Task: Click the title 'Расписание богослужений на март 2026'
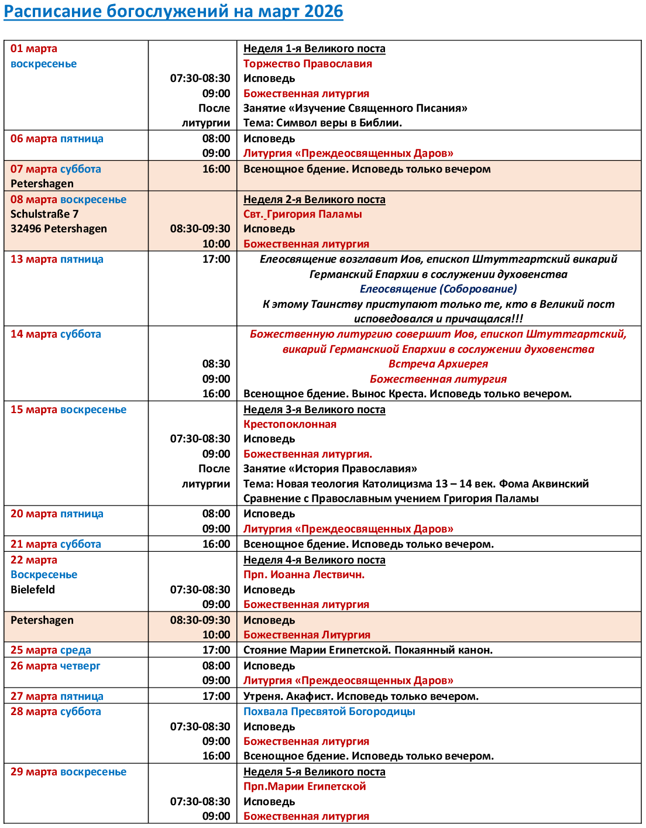tap(173, 12)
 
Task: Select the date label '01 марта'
tap(34, 49)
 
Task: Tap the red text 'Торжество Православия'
tap(308, 64)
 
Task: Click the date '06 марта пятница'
tap(57, 139)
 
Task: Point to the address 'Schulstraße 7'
tap(44, 214)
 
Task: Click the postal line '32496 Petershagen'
tap(59, 229)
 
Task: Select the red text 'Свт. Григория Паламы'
tap(303, 214)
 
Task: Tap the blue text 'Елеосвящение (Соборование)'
tap(438, 289)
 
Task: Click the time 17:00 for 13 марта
tap(216, 259)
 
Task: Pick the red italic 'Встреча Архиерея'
tap(438, 364)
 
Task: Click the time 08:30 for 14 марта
tap(216, 364)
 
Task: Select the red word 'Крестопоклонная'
tap(290, 424)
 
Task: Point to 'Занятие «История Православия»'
tap(330, 469)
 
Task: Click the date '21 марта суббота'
tap(56, 544)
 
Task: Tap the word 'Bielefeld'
tap(33, 590)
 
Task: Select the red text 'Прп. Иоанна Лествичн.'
tap(304, 575)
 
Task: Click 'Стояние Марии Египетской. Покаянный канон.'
tap(368, 650)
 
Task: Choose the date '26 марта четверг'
tap(56, 666)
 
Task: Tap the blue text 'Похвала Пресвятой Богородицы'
tap(329, 712)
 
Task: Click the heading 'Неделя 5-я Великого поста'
tap(314, 772)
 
